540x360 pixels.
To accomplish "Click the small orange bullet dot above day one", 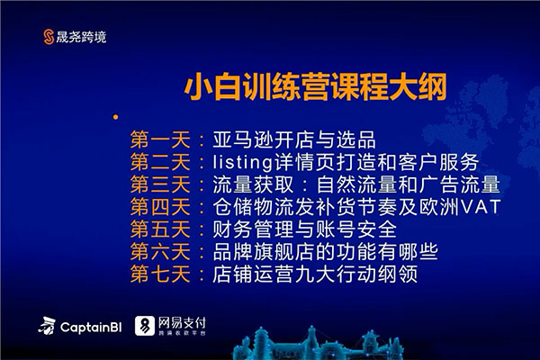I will [114, 117].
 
